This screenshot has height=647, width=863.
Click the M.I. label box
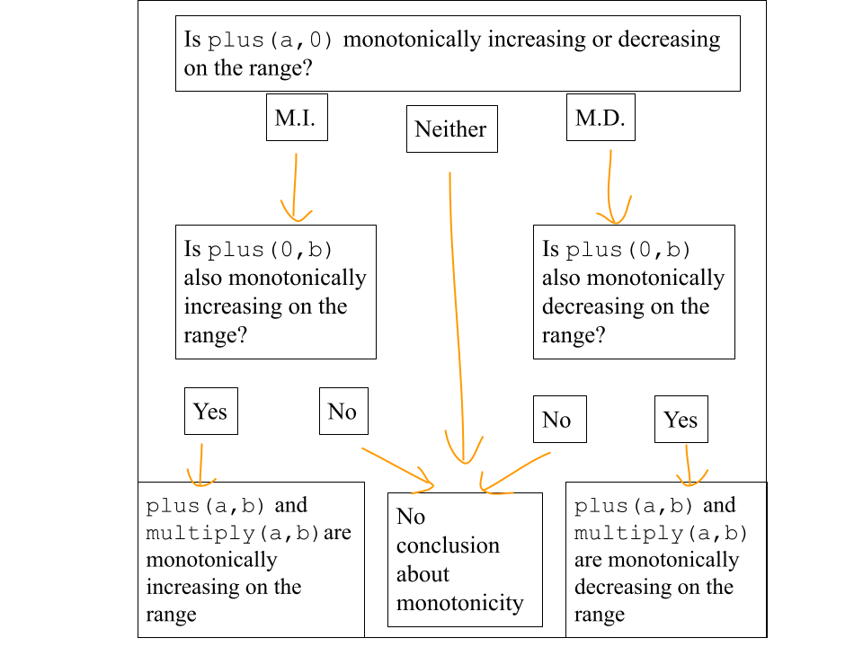(297, 117)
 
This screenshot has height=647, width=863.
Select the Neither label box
(452, 129)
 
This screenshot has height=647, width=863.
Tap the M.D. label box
(601, 117)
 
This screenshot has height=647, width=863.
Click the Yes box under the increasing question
(211, 411)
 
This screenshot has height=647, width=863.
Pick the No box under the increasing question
(343, 411)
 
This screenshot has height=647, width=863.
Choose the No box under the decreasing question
(560, 420)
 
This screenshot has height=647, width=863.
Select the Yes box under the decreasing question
(681, 420)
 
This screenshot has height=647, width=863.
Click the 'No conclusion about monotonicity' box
(465, 560)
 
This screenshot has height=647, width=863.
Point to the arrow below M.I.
(295, 187)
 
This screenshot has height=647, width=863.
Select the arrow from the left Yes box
(200, 465)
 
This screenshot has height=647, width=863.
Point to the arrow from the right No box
(514, 472)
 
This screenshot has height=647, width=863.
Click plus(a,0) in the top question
(271, 40)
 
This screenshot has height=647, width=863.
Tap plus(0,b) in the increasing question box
(270, 249)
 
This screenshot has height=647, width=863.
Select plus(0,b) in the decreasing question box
(628, 249)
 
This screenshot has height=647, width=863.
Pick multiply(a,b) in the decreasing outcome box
(661, 533)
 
